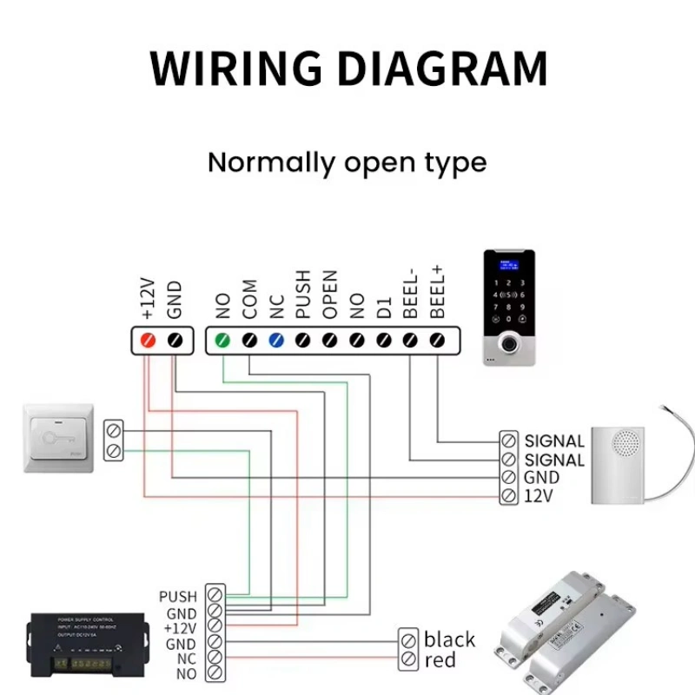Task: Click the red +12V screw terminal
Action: pos(147,339)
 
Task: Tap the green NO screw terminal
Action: pos(222,339)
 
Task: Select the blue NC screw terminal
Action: pos(276,339)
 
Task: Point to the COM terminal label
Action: pos(249,299)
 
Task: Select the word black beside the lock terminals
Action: pos(449,640)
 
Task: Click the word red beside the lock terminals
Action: pos(440,662)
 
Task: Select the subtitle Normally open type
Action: pos(347,162)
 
